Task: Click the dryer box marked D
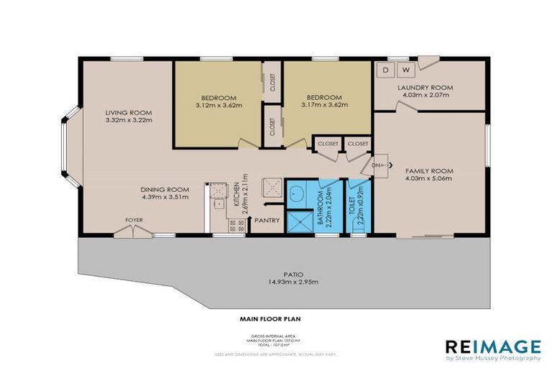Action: coord(385,70)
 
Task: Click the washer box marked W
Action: coord(405,70)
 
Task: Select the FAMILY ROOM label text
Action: coord(428,170)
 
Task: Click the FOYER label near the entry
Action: coord(134,220)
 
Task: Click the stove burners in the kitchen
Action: coord(236,225)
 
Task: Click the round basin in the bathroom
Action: coord(297,192)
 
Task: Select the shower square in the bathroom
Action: coord(299,219)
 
